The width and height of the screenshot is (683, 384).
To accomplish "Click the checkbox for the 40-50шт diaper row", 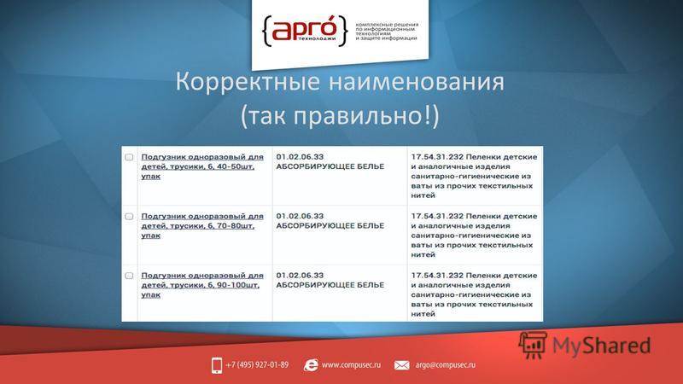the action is (129, 157).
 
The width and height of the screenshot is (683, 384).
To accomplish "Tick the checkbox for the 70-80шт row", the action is (129, 217).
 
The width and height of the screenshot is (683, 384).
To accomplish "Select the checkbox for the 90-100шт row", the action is (129, 276).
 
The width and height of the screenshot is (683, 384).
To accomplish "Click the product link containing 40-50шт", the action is (202, 166).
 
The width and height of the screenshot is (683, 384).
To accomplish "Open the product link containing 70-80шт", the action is (202, 225).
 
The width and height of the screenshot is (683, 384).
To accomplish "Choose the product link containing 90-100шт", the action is (202, 285).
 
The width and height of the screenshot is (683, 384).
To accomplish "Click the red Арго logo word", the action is (305, 29).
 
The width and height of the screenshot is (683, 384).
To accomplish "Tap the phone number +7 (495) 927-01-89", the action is (257, 365).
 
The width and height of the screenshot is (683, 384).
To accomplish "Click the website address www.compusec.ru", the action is (351, 365).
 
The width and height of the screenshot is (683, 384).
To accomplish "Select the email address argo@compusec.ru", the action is (445, 365).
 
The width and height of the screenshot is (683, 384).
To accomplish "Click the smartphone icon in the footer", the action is (217, 365).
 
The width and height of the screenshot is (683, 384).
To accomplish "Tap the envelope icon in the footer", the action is (401, 365).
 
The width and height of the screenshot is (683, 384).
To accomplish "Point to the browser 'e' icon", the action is (311, 365).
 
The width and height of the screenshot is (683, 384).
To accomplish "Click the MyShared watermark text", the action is (602, 346).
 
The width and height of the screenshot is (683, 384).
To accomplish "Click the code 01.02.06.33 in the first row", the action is (300, 157).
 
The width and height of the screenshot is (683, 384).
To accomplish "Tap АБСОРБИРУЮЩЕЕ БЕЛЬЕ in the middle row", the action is (330, 225).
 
